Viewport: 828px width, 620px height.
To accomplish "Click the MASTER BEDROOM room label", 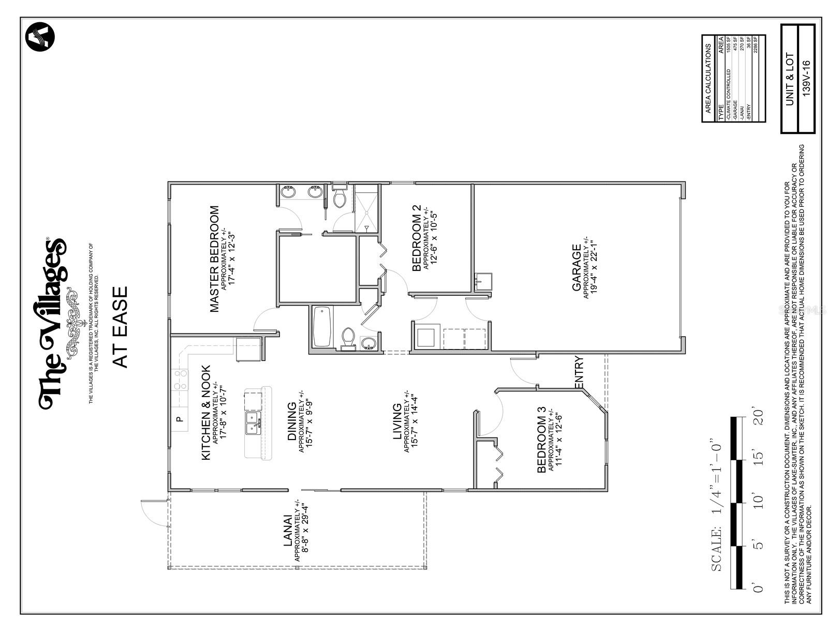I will tap(214, 259).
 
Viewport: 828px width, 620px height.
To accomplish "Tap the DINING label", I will tap(292, 421).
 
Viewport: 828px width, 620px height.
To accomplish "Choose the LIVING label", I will tap(397, 421).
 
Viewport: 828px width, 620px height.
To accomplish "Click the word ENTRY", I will tap(579, 372).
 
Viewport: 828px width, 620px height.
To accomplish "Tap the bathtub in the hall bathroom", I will tap(322, 327).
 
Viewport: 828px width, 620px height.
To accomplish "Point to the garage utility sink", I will tap(484, 282).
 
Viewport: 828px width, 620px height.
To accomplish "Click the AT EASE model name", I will tap(121, 327).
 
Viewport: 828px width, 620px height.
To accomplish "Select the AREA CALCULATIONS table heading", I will tap(708, 79).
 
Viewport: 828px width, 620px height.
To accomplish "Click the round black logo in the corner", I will tap(40, 37).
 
